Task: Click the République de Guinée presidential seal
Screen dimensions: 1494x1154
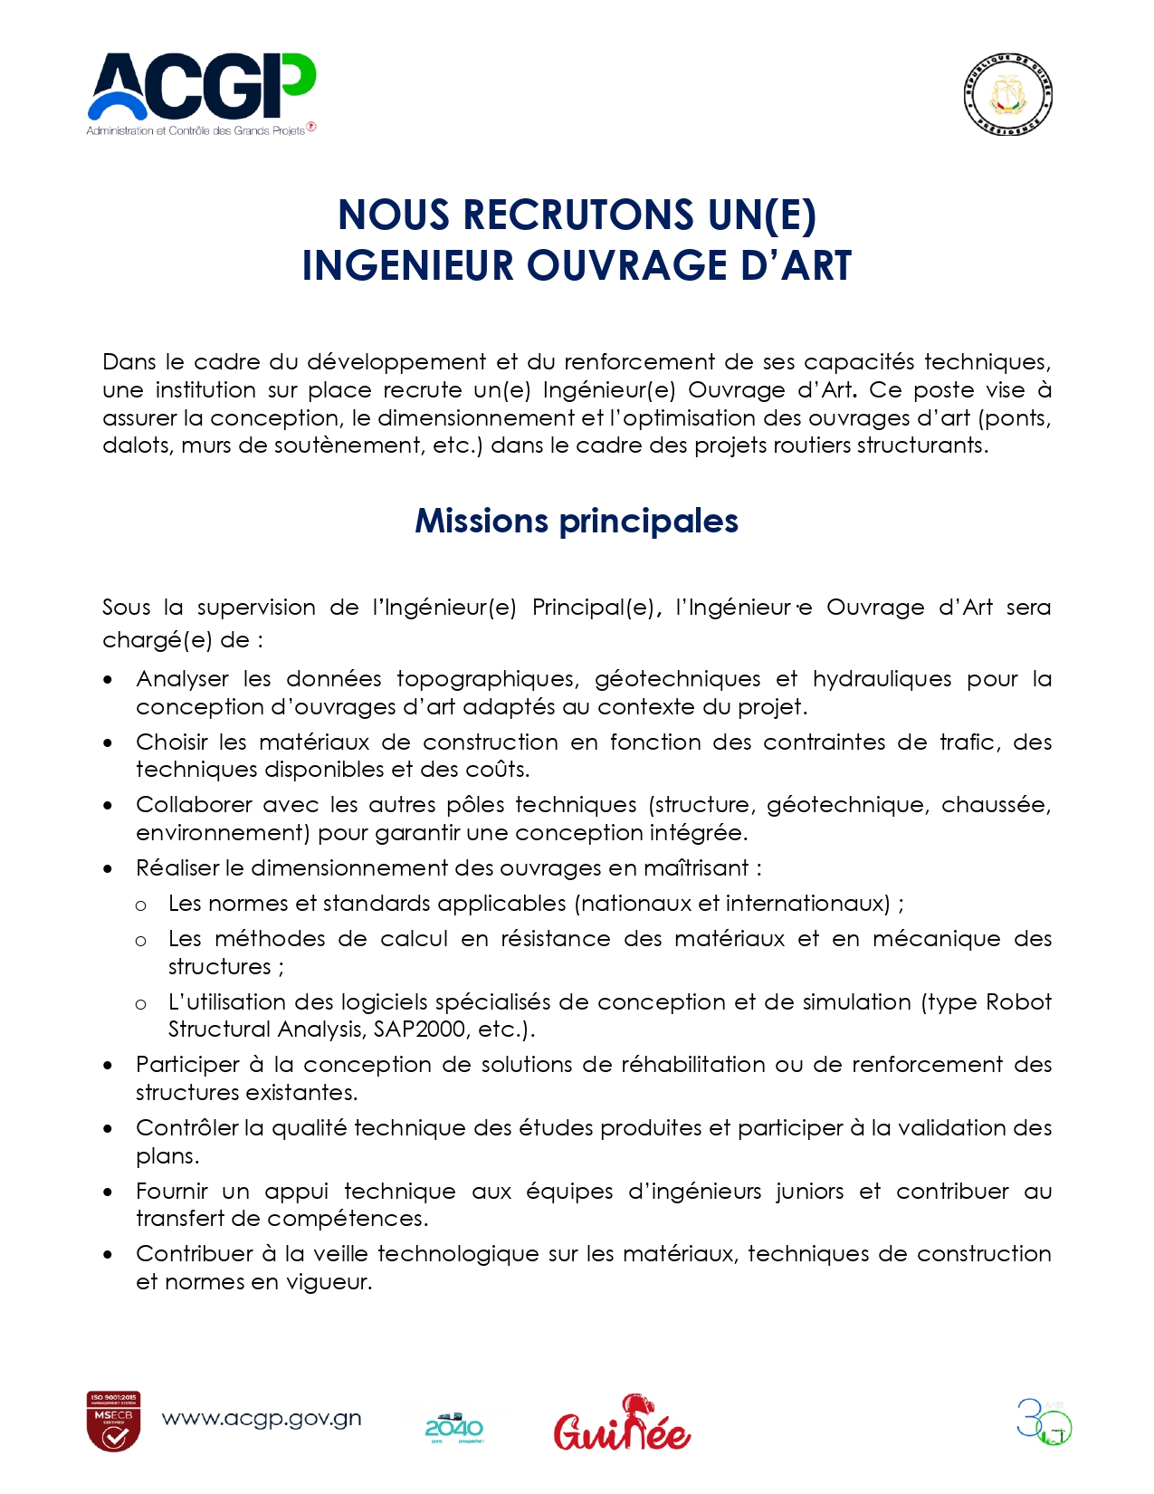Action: click(x=1007, y=94)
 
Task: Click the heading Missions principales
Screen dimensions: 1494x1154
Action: click(x=577, y=522)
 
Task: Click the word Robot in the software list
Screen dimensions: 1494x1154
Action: click(x=1018, y=1002)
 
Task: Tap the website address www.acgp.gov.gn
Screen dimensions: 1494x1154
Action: click(x=262, y=1419)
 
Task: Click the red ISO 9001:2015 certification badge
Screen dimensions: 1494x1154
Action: click(x=113, y=1421)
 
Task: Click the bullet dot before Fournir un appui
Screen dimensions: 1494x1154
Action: click(x=109, y=1192)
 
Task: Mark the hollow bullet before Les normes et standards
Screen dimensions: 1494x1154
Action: click(x=141, y=905)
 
